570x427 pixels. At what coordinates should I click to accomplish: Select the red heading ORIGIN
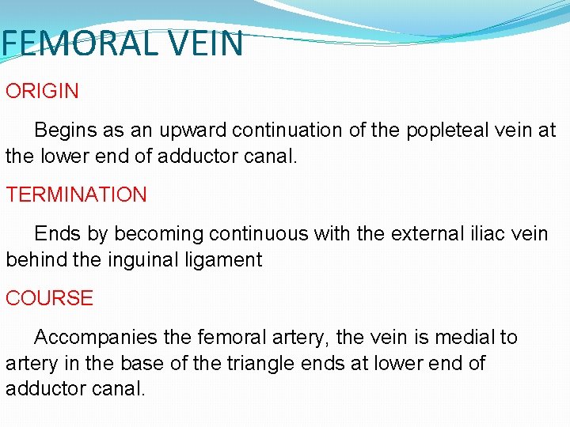point(42,91)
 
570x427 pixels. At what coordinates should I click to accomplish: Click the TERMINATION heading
point(76,195)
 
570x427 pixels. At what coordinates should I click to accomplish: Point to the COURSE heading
point(49,298)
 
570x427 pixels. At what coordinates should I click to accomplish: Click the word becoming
point(146,234)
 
